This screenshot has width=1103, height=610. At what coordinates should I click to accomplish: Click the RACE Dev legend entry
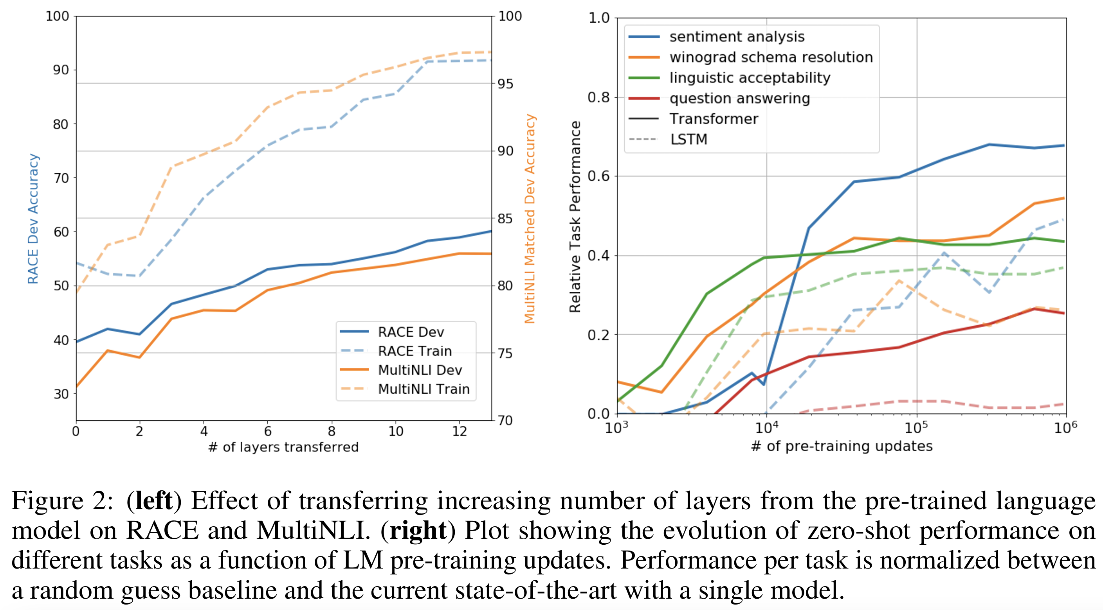coord(411,332)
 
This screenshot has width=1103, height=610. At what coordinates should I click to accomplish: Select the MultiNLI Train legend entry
coord(424,389)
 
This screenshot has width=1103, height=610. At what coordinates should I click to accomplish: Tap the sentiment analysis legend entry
coord(737,37)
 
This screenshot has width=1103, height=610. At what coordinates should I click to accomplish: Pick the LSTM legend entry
coord(688,140)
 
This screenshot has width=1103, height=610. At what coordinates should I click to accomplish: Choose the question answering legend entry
coord(739,99)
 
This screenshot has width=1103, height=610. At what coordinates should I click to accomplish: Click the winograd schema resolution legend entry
coord(771,57)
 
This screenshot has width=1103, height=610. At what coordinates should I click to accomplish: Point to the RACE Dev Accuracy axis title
coord(33,219)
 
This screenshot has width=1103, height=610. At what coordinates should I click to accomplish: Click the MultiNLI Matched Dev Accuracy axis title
coord(530,219)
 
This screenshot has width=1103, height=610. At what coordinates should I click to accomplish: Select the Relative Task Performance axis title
coord(575,217)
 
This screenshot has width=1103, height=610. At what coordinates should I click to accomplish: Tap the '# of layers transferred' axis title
coord(283,447)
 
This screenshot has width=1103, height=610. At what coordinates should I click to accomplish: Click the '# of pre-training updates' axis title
coord(842,446)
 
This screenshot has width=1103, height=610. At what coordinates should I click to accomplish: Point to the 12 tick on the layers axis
coord(460,431)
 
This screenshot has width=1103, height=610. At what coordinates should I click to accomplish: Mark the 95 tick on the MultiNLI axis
coord(505,84)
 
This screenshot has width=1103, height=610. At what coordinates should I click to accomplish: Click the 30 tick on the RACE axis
coord(61,394)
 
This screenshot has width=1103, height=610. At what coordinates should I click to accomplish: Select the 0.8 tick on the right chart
coord(598,97)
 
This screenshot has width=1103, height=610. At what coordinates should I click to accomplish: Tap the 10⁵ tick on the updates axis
coord(916,427)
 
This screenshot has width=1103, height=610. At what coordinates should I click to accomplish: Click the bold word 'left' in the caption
coord(154,501)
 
